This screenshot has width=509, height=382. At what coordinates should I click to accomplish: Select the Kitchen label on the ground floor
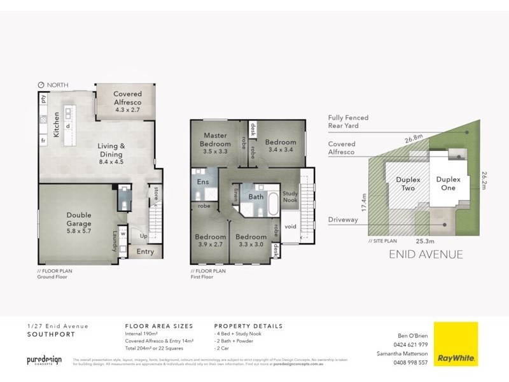(x=57, y=124)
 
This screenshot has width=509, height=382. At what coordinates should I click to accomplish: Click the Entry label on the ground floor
(x=145, y=252)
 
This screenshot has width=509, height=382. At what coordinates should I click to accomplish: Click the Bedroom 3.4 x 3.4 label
(x=281, y=146)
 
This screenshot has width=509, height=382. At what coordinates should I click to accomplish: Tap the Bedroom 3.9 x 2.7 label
(x=211, y=241)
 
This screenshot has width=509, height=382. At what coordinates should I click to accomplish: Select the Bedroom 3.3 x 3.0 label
(x=251, y=241)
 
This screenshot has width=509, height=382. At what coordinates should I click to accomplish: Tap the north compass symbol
(x=41, y=85)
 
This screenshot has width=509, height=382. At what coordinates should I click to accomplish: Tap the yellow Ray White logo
(x=456, y=344)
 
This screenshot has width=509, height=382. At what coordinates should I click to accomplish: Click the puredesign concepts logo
(x=44, y=360)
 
